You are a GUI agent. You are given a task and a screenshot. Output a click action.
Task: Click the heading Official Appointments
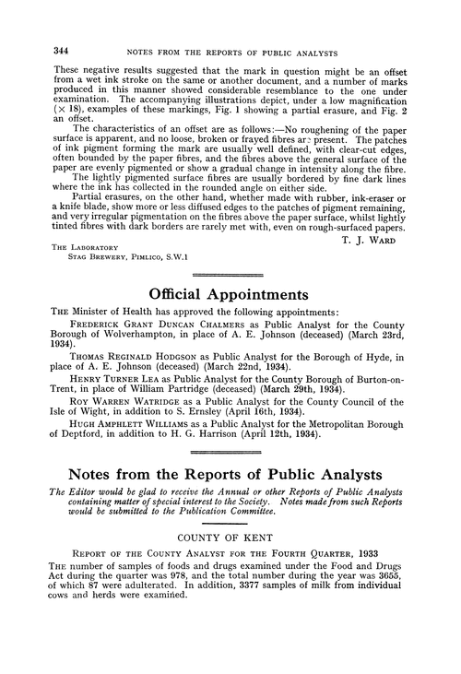coord(230,296)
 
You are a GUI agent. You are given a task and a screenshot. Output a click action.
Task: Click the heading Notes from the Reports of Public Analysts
coord(230,504)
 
